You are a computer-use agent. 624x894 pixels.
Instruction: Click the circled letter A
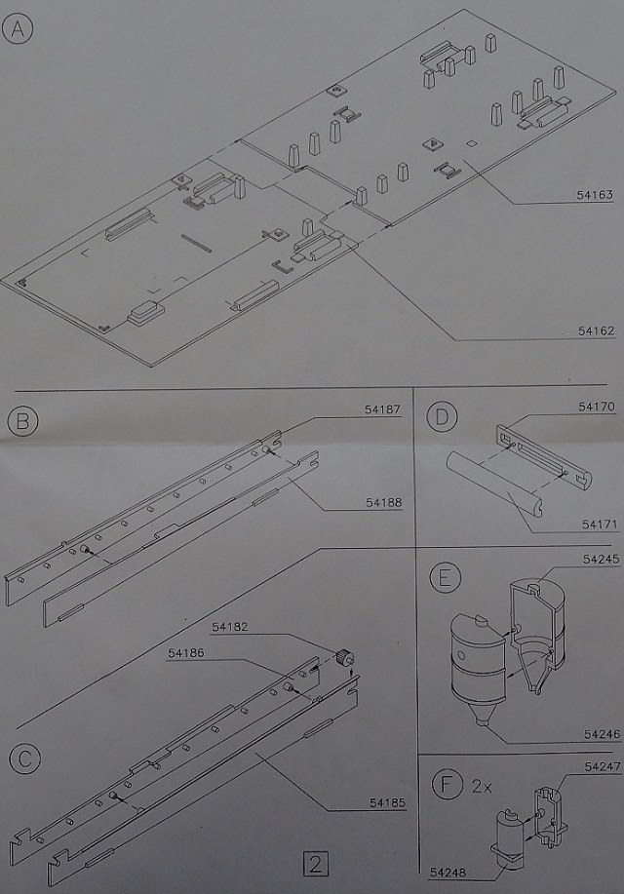tap(18, 30)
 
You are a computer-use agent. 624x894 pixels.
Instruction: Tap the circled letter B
tap(21, 422)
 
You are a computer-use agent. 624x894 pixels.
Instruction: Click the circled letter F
tap(444, 784)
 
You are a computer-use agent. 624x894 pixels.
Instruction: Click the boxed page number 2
tap(316, 864)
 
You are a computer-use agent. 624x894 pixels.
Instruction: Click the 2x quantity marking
tap(480, 784)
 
